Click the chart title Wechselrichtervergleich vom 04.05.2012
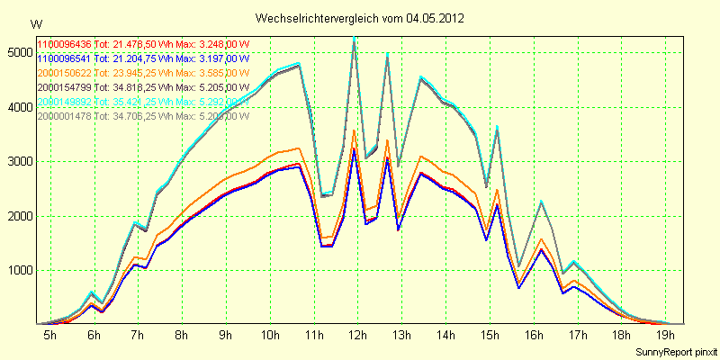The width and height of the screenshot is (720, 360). [359, 18]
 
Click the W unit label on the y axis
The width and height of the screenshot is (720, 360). [35, 23]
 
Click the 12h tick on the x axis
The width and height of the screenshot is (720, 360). [356, 335]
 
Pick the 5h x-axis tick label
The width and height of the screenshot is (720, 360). [50, 335]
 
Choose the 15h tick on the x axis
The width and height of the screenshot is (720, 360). [488, 335]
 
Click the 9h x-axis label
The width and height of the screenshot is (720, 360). [225, 335]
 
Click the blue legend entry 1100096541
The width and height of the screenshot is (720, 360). [64, 58]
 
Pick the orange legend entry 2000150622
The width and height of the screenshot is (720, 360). [64, 73]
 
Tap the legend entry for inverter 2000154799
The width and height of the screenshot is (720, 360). [64, 87]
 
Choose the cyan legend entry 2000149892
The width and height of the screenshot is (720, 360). [64, 102]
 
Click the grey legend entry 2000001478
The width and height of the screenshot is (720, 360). [64, 116]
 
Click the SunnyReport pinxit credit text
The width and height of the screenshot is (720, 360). [676, 349]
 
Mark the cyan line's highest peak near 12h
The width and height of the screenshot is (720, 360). [355, 38]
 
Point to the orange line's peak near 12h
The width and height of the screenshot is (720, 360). [355, 130]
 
